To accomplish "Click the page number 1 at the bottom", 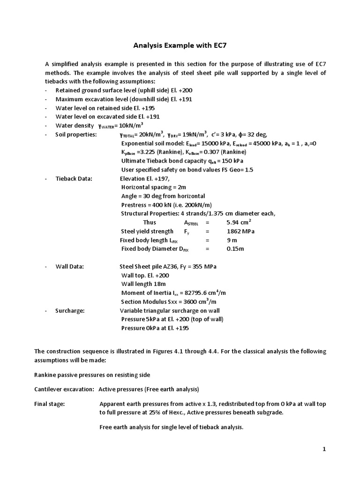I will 323,449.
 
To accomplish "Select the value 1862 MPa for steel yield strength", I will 240,231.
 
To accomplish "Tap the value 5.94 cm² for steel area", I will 239,222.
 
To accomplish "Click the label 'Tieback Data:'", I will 74,179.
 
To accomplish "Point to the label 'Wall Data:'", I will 70,266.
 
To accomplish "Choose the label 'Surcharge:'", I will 70,310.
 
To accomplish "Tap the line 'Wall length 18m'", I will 143,284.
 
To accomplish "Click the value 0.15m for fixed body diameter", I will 235,248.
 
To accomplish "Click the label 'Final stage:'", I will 50,403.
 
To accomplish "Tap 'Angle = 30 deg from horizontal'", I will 163,196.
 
